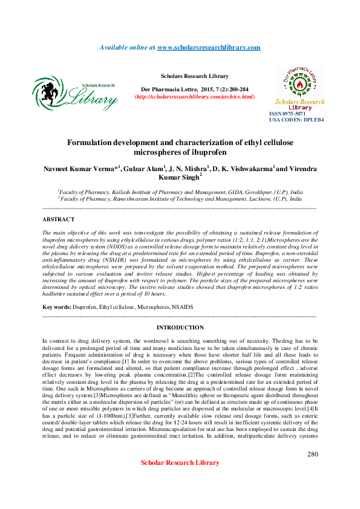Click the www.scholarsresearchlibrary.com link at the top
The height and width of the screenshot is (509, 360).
(x=209, y=47)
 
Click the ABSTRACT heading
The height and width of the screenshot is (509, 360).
(x=59, y=219)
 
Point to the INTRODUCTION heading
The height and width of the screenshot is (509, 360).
(x=180, y=328)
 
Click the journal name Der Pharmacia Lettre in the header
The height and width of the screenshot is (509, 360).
(x=171, y=89)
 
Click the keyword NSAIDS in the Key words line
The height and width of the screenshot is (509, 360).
(x=182, y=307)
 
